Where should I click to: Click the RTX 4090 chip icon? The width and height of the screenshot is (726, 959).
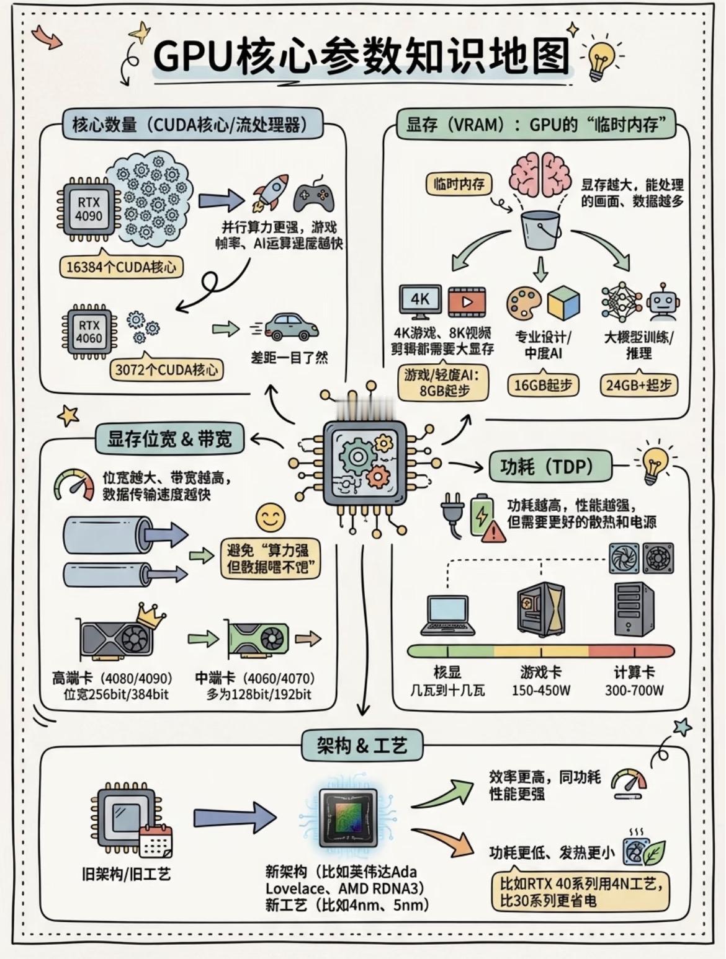point(88,210)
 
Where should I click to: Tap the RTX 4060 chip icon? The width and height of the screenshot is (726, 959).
point(89,332)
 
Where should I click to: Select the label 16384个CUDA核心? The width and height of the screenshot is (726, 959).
point(121,267)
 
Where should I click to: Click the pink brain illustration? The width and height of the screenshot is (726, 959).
point(540,173)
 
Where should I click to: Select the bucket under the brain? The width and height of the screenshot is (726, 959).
point(540,229)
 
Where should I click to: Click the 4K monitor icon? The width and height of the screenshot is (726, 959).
point(419,301)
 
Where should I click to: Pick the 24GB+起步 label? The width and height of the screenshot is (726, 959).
point(639,385)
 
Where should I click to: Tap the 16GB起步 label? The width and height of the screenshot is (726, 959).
point(543,385)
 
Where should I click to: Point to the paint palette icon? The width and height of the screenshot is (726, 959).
point(524,303)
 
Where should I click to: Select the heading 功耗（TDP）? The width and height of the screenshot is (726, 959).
point(547,466)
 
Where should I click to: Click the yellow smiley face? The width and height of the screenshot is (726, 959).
point(271,517)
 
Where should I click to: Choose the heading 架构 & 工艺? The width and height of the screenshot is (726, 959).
point(362,745)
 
